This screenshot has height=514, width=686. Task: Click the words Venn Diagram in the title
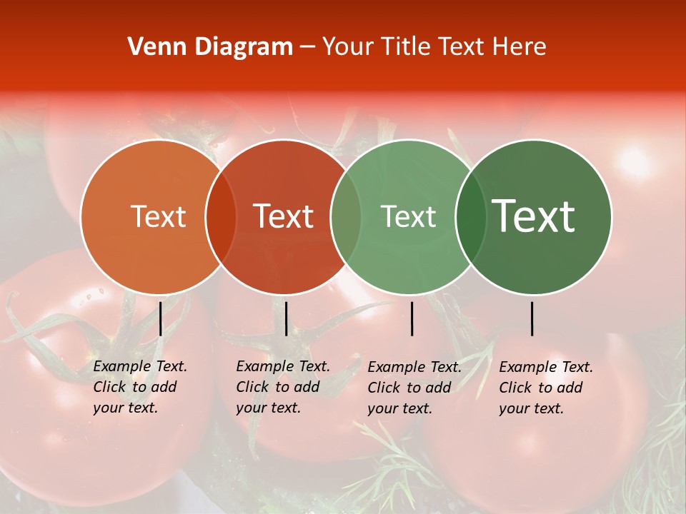(x=210, y=47)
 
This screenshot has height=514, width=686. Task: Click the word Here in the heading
(x=519, y=47)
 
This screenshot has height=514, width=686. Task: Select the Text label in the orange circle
(x=158, y=216)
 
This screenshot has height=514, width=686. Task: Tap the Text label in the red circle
(x=284, y=216)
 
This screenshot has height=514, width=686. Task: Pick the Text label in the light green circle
(x=408, y=216)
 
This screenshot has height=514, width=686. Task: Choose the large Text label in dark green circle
(x=534, y=216)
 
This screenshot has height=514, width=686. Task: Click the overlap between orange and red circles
(x=221, y=216)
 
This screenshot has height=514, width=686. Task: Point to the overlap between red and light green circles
(x=346, y=216)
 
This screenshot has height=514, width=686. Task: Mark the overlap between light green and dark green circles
(x=468, y=216)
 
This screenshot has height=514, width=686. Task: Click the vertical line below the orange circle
(x=161, y=318)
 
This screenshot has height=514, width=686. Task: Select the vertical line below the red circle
(x=286, y=318)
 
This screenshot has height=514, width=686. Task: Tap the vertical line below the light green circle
(x=412, y=318)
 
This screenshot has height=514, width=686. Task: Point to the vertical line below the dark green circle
(x=532, y=318)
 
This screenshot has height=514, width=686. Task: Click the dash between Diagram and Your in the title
(x=307, y=48)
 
